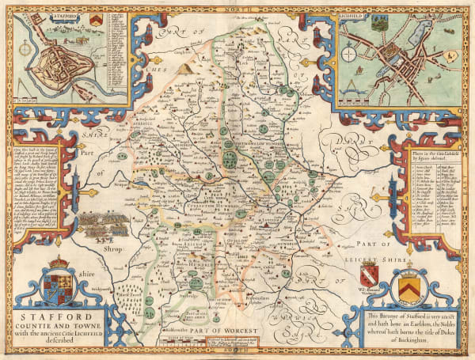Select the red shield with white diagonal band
tap(369, 277)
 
